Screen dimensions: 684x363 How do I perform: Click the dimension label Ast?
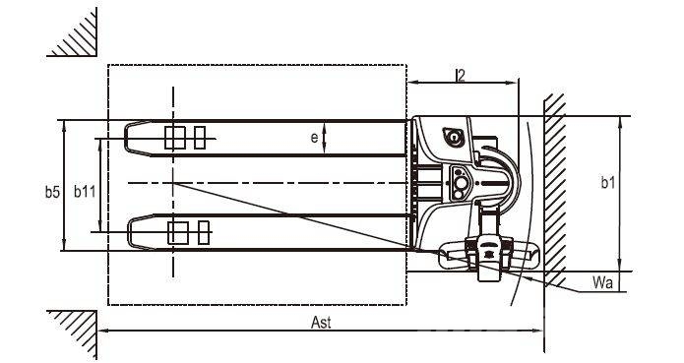pos(321,322)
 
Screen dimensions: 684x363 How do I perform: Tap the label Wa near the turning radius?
pos(602,282)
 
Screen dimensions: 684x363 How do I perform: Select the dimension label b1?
pos(607,183)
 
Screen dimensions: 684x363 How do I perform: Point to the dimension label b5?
pos(52,191)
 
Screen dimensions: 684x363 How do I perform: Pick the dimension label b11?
pos(85,191)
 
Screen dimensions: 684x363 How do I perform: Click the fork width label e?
pos(315,138)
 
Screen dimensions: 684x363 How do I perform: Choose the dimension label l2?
pos(461,75)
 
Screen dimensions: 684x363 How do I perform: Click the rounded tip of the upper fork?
pos(126,138)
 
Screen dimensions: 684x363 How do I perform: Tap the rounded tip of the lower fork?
pos(129,233)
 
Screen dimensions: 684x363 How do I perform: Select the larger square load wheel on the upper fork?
pos(175,138)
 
